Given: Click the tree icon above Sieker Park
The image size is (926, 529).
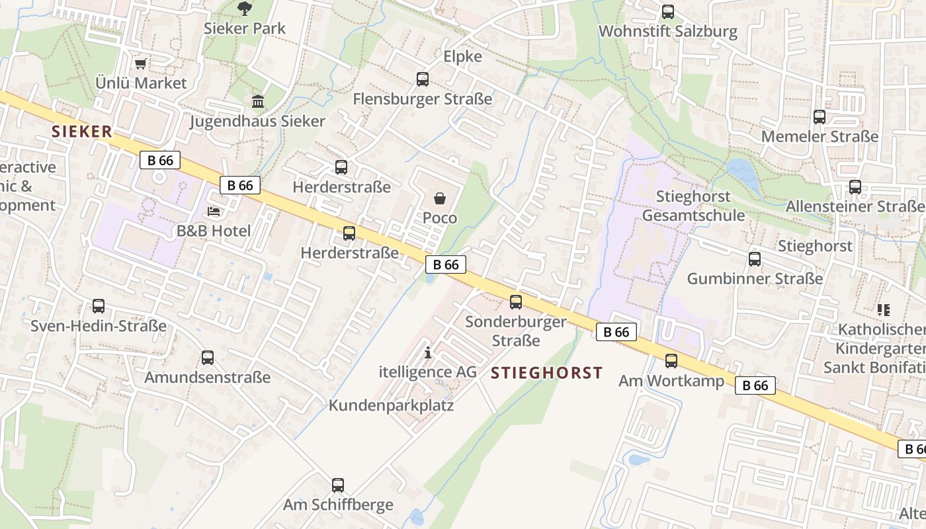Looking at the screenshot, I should click(245, 9).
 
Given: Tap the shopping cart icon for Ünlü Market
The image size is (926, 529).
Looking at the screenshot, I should click(140, 64).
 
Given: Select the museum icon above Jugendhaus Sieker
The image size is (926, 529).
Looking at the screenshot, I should click(258, 102).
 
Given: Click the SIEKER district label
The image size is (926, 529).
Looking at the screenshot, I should click(82, 132).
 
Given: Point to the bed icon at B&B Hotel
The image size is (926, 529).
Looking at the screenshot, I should click(214, 212).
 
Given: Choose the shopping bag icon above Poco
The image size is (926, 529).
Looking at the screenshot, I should click(440, 198).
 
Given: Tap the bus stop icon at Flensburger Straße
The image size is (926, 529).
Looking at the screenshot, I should click(423, 79).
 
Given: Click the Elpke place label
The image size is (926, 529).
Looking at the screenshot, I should click(463, 57).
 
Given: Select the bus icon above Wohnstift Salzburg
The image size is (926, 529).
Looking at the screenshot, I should click(668, 12).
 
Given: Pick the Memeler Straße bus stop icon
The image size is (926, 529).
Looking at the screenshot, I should click(820, 117).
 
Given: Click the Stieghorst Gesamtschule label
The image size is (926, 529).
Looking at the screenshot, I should click(693, 206).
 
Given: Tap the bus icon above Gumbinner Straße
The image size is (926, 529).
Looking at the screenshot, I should click(755, 259).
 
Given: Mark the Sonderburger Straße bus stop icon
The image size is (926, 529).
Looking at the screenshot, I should click(516, 302).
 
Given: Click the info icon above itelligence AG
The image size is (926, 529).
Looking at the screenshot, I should click(428, 353).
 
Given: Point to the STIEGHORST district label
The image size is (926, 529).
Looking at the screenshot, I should click(547, 373).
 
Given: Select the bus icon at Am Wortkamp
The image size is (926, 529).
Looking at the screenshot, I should click(671, 361).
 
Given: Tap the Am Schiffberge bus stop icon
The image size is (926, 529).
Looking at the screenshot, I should click(338, 485).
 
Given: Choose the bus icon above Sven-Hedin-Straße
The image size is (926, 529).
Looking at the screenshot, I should click(99, 306).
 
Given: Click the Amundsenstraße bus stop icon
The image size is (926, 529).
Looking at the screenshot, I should click(208, 358).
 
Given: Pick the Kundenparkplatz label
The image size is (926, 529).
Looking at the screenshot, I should click(392, 405).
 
